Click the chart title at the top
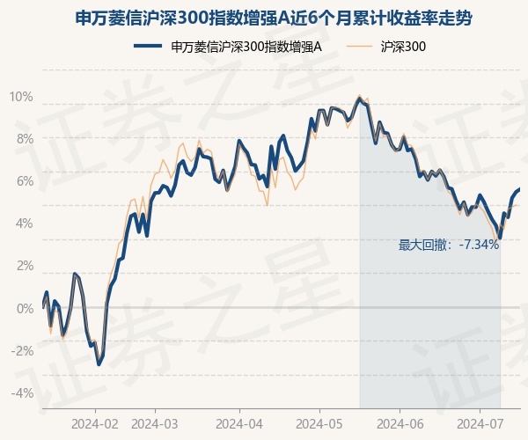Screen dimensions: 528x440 coord(273,18)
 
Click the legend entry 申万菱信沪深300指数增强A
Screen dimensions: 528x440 coord(246,47)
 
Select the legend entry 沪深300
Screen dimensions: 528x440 coord(403,47)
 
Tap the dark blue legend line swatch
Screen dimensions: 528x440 coord(148,46)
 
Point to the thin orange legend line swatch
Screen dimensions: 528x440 coord(359,46)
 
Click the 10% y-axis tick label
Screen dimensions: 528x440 coord(21,97)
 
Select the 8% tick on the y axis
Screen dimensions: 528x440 coord(25,139)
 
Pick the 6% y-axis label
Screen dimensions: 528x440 coord(25,181)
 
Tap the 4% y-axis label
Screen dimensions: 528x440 coord(25,224)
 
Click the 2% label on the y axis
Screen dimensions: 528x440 coord(25,266)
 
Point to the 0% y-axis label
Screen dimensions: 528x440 coord(25,308)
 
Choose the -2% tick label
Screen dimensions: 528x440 coord(22,351)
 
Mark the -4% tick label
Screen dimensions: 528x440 coord(22,392)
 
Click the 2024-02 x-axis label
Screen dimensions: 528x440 coord(95,424)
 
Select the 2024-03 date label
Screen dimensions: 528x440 coord(155,424)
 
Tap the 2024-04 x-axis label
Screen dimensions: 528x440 coord(239,424)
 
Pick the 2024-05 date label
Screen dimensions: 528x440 coord(319,424)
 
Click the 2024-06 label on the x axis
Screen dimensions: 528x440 coord(400,424)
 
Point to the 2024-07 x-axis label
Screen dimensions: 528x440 coord(480,424)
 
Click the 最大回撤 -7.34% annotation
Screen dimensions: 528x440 coord(449,245)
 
